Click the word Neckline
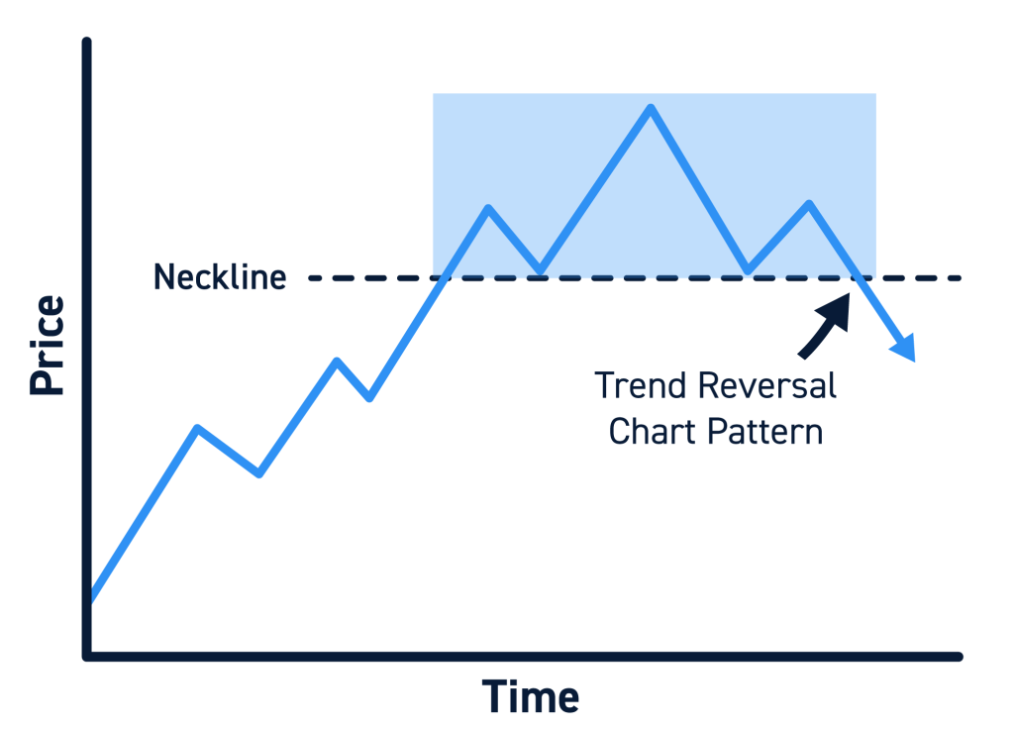[x=219, y=277]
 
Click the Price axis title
[x=48, y=346]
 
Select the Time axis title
[x=531, y=697]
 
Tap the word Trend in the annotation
[x=641, y=385]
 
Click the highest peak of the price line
[x=651, y=107]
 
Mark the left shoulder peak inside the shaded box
[x=488, y=208]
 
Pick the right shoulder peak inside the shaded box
[x=810, y=204]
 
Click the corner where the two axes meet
[x=88, y=656]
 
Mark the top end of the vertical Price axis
[x=88, y=43]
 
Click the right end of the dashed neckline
[x=959, y=278]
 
